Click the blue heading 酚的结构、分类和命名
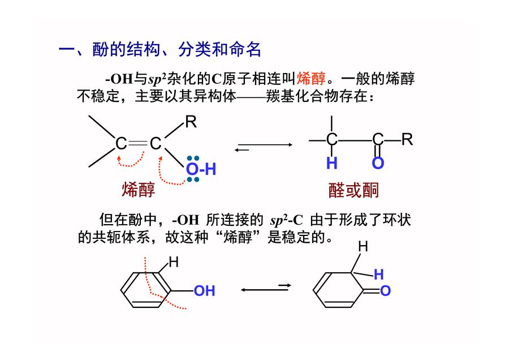(176, 50)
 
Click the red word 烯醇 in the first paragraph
(311, 79)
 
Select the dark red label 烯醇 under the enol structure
(139, 190)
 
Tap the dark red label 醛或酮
(353, 190)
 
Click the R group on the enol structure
(191, 122)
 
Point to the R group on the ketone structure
(407, 139)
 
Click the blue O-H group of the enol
(201, 169)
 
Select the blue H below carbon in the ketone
(332, 163)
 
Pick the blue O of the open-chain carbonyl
(378, 163)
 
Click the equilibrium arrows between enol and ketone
(263, 147)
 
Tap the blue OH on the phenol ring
(205, 291)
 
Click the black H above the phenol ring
(174, 262)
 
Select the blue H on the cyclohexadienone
(379, 275)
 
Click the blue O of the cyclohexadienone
(385, 291)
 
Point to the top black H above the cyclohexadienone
(363, 247)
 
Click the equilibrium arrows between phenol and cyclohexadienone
(266, 288)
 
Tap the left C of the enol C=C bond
(121, 143)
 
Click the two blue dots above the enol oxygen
(193, 158)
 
